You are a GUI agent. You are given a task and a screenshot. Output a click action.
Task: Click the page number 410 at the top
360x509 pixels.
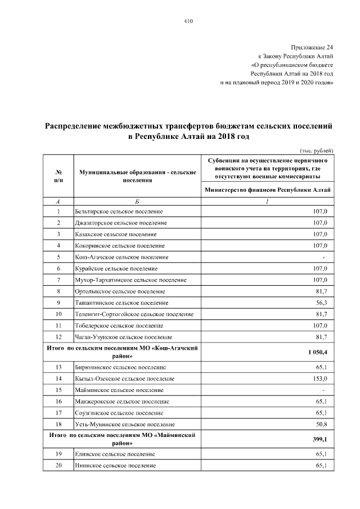(x=188, y=21)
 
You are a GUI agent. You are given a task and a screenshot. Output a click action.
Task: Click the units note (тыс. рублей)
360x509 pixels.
(x=317, y=150)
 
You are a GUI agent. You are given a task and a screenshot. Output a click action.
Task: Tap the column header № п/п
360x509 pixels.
(x=58, y=175)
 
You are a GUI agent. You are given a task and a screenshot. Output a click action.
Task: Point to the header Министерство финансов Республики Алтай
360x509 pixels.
(x=267, y=190)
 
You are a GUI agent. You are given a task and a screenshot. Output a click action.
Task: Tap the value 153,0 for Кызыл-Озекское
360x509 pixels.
(x=325, y=379)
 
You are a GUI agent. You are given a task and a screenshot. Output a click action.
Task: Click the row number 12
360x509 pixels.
(x=58, y=337)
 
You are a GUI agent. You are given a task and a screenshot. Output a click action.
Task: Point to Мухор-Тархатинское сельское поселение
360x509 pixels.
(x=130, y=280)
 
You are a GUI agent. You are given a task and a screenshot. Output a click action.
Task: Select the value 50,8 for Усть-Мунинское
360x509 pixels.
(x=326, y=424)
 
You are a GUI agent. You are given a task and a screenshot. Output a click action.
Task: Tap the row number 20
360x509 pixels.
(x=58, y=466)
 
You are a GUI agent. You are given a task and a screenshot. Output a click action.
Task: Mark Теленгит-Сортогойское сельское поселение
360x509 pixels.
(x=134, y=314)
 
